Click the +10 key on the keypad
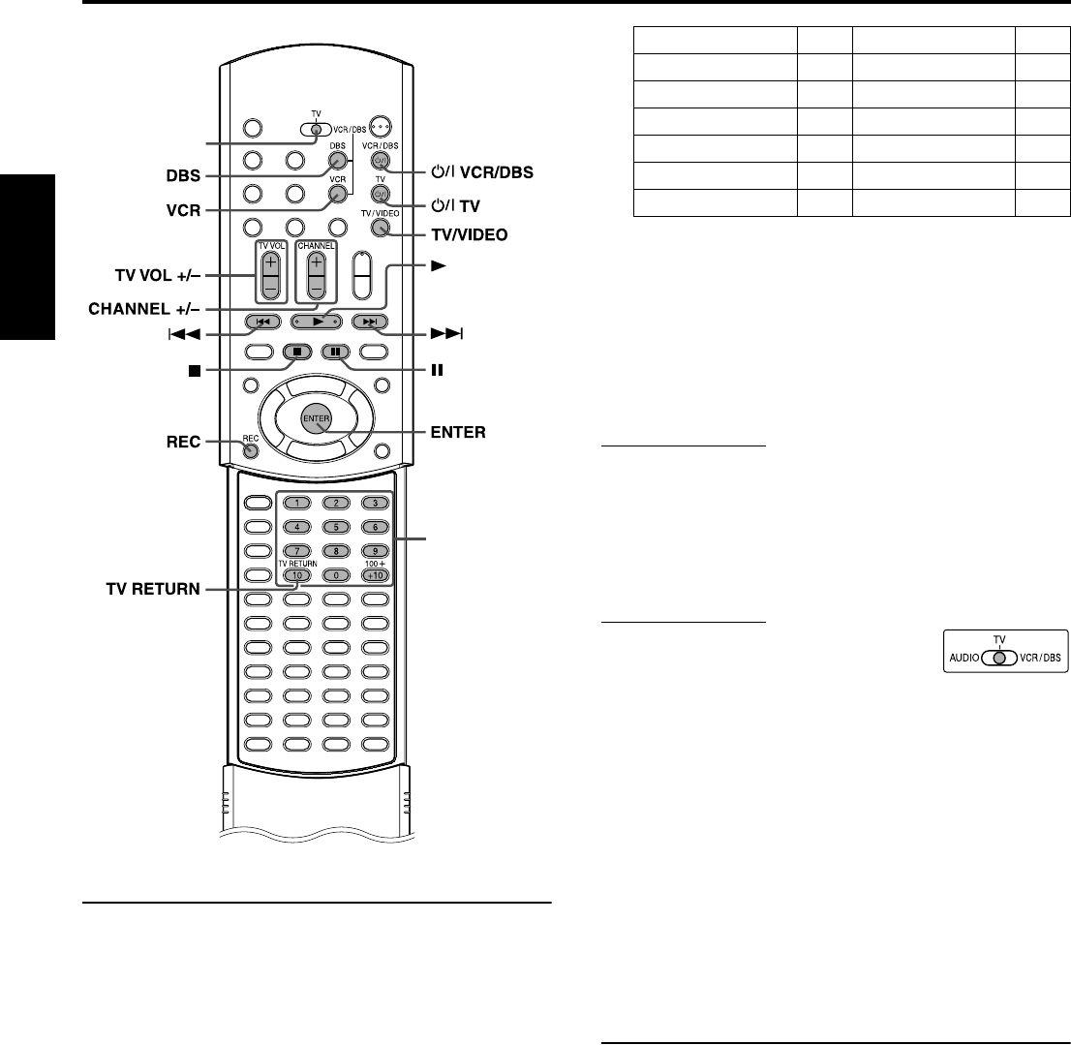coord(373,575)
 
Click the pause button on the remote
coord(334,352)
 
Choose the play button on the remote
coord(317,321)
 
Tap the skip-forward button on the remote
coord(373,321)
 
